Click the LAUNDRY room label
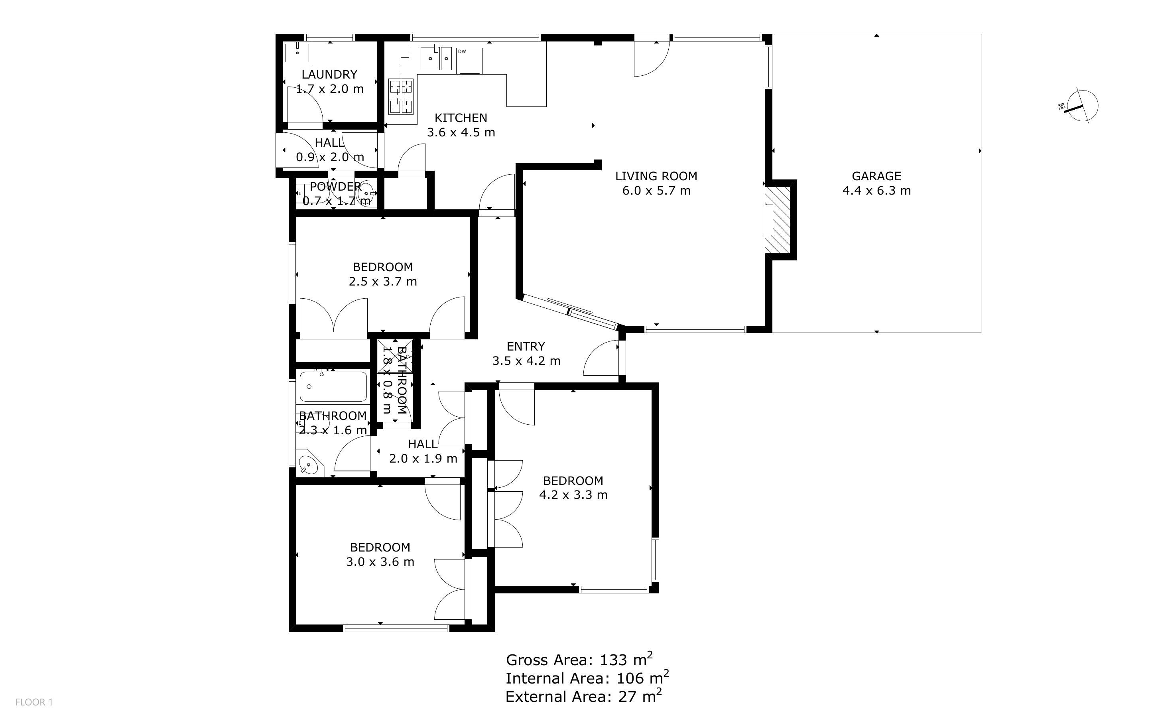(329, 75)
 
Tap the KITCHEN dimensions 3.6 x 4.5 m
(461, 132)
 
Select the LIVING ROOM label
(656, 176)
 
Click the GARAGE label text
(876, 176)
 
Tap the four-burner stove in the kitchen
(401, 97)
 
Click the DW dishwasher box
(469, 61)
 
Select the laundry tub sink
(297, 53)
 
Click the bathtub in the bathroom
(333, 386)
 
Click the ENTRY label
(526, 347)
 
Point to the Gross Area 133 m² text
(579, 660)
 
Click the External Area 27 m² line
(583, 697)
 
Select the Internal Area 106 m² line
(587, 678)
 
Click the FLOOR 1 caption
(34, 702)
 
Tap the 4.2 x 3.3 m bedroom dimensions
(573, 495)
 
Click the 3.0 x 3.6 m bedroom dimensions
(380, 562)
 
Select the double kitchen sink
(436, 59)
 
